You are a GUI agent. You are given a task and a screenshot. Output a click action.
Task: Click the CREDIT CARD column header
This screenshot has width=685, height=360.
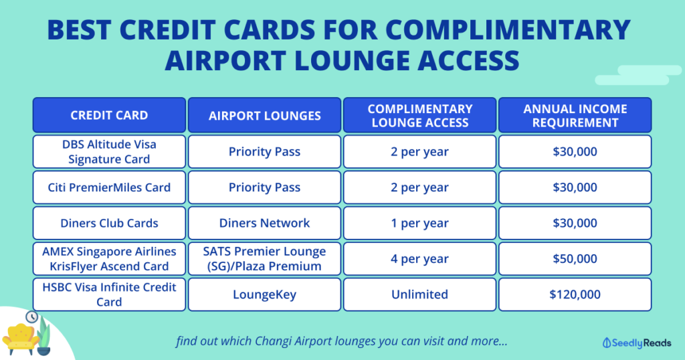[x=109, y=115]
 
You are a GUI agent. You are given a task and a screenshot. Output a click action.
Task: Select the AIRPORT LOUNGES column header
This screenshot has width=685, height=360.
[x=264, y=115]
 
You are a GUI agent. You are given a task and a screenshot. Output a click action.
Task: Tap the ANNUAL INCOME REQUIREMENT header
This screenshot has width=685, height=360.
[x=575, y=115]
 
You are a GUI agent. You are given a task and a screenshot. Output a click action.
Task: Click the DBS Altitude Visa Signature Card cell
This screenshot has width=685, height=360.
[x=109, y=152]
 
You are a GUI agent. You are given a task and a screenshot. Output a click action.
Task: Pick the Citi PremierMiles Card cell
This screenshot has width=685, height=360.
[x=109, y=187]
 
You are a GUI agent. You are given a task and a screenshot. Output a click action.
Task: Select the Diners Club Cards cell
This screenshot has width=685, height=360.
[x=109, y=223]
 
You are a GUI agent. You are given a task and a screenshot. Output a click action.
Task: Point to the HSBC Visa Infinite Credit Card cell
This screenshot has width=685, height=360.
[x=109, y=294]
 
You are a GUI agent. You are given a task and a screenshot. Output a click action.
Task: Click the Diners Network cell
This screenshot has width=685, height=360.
[x=264, y=223]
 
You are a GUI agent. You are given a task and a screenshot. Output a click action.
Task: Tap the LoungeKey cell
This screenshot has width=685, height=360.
[x=264, y=294]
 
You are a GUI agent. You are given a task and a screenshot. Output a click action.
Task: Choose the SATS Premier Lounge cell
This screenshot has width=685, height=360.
[x=264, y=259]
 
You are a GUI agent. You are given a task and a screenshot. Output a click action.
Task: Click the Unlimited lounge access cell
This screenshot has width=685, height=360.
[x=420, y=294]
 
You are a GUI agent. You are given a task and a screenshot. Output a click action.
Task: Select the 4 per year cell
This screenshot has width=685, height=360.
[x=420, y=259]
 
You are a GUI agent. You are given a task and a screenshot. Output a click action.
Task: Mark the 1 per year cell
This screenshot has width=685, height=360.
[x=420, y=223]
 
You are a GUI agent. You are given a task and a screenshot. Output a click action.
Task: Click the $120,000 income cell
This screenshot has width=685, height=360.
[x=575, y=294]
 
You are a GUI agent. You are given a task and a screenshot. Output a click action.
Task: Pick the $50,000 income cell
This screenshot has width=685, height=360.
[x=575, y=259]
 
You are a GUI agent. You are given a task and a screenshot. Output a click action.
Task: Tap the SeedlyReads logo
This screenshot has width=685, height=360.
[x=637, y=343]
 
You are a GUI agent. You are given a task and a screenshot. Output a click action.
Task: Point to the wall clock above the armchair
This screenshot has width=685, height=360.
[x=31, y=317]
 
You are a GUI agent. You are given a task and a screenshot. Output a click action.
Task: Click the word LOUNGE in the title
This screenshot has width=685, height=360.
[x=353, y=60]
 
